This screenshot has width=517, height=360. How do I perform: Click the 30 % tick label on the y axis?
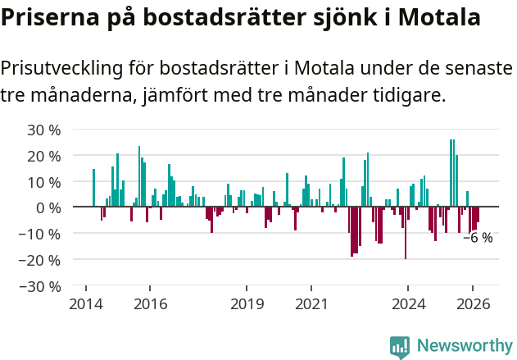click(44, 130)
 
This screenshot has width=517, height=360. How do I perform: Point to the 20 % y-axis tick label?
click(44, 156)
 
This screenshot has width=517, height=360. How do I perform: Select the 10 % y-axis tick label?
click(44, 182)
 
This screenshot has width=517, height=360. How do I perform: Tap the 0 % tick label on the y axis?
click(48, 207)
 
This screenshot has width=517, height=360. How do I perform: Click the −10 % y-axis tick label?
click(40, 234)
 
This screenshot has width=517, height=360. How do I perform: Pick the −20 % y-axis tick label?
click(40, 260)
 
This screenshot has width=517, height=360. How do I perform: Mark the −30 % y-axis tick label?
click(40, 286)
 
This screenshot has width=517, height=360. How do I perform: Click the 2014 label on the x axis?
click(86, 304)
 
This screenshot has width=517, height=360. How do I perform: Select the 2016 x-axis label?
click(150, 304)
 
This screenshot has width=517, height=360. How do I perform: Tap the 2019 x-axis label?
click(247, 304)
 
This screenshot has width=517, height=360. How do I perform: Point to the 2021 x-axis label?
click(311, 304)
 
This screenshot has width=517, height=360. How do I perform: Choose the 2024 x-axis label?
click(408, 304)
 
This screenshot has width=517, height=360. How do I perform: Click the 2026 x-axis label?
click(473, 304)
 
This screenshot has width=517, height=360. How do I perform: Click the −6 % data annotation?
click(478, 239)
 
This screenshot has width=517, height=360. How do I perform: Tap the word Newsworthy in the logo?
click(465, 346)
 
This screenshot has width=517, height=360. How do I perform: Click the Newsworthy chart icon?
click(400, 347)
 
